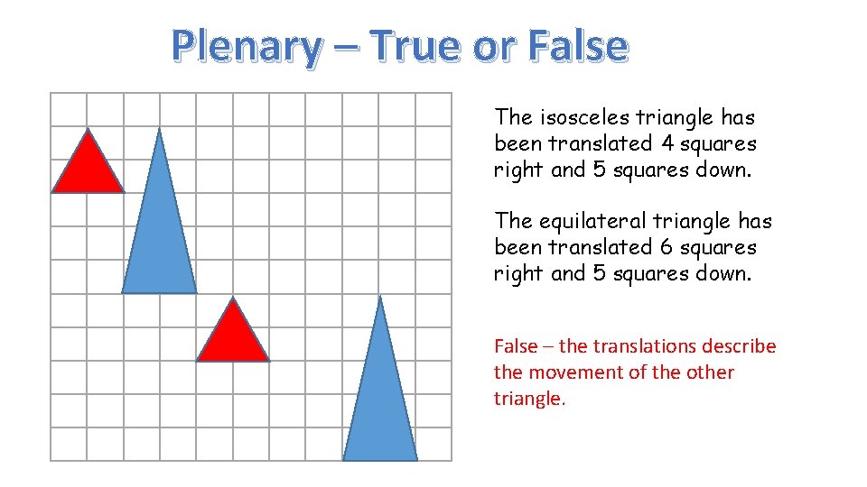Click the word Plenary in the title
pyautogui.click(x=245, y=46)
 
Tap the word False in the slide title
pyautogui.click(x=576, y=46)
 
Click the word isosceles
pyautogui.click(x=584, y=117)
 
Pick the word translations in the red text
pyautogui.click(x=649, y=346)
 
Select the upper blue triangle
pyautogui.click(x=159, y=234)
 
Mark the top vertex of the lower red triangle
pyautogui.click(x=233, y=299)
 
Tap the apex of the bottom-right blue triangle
pyautogui.click(x=380, y=297)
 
